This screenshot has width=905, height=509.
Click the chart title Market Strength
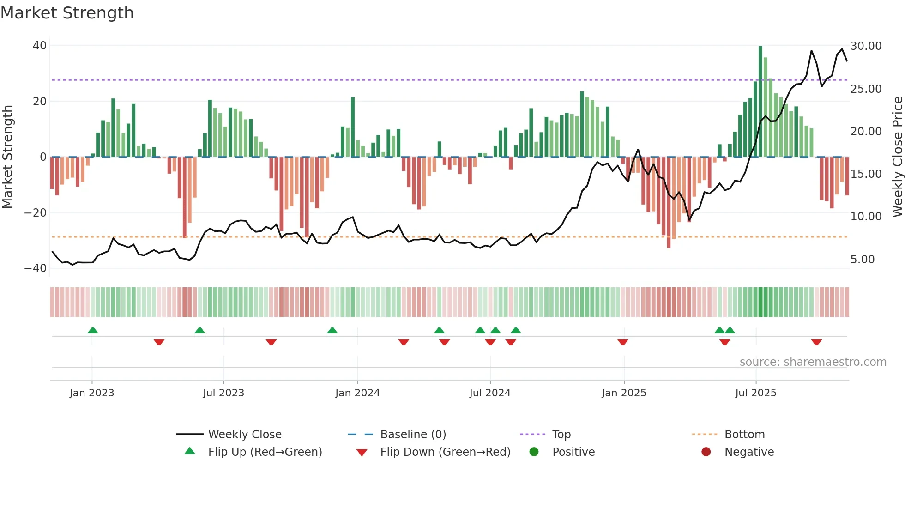[x=67, y=13]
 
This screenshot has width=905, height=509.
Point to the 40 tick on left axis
[x=40, y=46]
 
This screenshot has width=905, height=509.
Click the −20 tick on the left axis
[x=36, y=213]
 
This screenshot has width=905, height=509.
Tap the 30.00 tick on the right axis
[x=866, y=46]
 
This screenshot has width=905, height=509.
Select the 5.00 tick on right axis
[x=863, y=260]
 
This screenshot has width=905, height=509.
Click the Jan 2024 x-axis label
[x=357, y=393]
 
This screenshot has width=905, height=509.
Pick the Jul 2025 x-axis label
[x=756, y=393]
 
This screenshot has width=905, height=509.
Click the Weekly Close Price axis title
[x=897, y=157]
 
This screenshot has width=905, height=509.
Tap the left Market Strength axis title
[x=8, y=157]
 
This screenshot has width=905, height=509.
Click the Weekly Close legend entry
[x=244, y=435]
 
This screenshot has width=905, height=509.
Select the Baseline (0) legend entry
[x=413, y=435]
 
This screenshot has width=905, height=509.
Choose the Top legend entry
[x=561, y=435]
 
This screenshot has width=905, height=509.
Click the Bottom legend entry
[x=744, y=435]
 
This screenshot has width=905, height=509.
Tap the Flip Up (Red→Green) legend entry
[x=265, y=452]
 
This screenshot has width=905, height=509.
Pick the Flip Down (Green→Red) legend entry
[x=445, y=452]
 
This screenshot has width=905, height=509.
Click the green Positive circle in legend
[x=534, y=452]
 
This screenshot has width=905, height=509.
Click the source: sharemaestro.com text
[x=813, y=362]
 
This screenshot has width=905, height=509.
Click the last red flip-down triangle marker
[x=816, y=342]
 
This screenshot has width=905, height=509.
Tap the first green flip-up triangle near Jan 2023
[x=93, y=330]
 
